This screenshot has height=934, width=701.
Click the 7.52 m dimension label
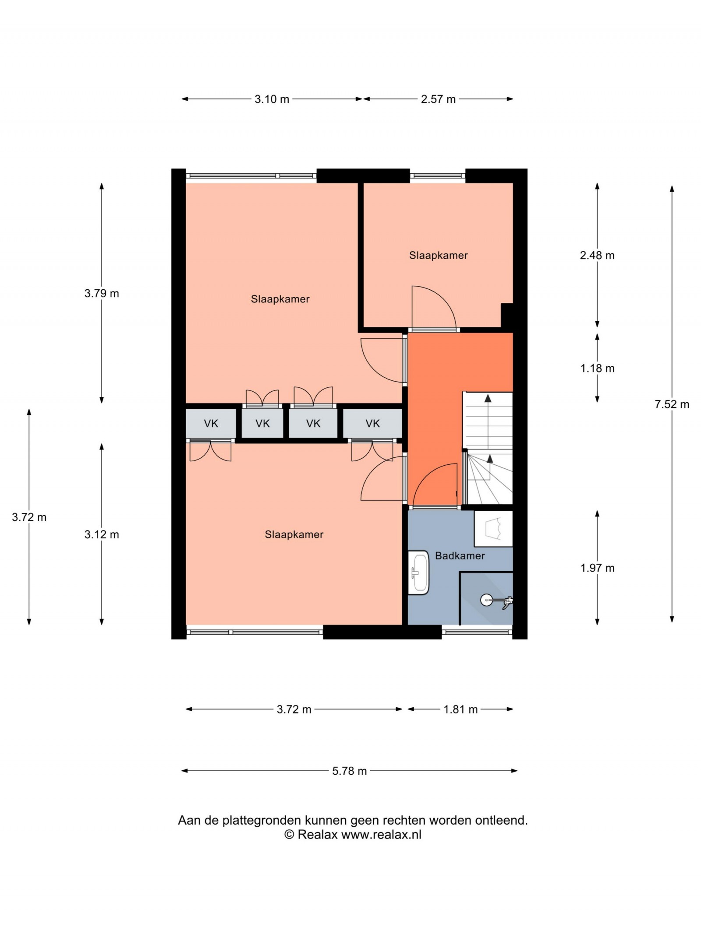pyautogui.click(x=672, y=404)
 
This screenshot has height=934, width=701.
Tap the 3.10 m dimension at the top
pyautogui.click(x=272, y=99)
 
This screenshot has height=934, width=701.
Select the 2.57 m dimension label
pyautogui.click(x=438, y=99)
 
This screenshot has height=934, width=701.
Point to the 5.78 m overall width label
pyautogui.click(x=349, y=771)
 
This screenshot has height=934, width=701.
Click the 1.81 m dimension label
pyautogui.click(x=460, y=709)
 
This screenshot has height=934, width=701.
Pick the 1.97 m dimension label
pyautogui.click(x=597, y=568)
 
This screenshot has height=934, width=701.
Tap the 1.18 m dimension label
pyautogui.click(x=597, y=369)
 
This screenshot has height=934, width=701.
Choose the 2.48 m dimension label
pyautogui.click(x=597, y=256)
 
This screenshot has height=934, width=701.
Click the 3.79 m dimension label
pyautogui.click(x=102, y=293)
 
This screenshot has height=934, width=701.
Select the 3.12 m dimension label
pyautogui.click(x=102, y=534)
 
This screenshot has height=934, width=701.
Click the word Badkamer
pyautogui.click(x=460, y=556)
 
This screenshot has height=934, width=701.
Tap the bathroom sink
pyautogui.click(x=418, y=572)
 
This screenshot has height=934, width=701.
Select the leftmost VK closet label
pyautogui.click(x=211, y=423)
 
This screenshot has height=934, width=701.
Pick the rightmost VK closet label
pyautogui.click(x=372, y=423)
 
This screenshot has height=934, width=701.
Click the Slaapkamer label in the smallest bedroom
pyautogui.click(x=438, y=255)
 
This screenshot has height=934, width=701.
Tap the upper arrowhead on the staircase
pyautogui.click(x=488, y=398)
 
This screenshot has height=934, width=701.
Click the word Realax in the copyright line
pyautogui.click(x=317, y=835)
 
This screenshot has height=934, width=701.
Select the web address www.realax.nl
pyautogui.click(x=381, y=835)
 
